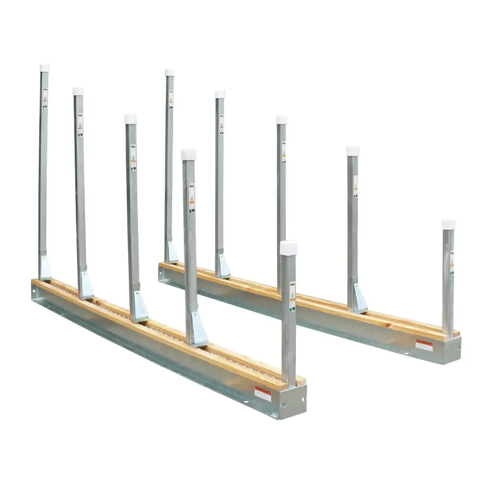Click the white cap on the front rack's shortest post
[288, 248]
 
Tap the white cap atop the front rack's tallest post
[44, 68]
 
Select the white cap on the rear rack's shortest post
[449, 224]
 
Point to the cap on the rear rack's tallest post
[170, 72]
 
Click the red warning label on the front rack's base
[263, 393]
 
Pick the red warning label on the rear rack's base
[424, 345]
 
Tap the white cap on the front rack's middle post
[131, 119]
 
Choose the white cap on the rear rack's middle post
[281, 120]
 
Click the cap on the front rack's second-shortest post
[189, 154]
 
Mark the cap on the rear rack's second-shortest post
[353, 151]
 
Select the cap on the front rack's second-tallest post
[78, 91]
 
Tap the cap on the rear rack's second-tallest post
[220, 94]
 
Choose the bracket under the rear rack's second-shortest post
[359, 298]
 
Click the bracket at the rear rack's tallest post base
[172, 253]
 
